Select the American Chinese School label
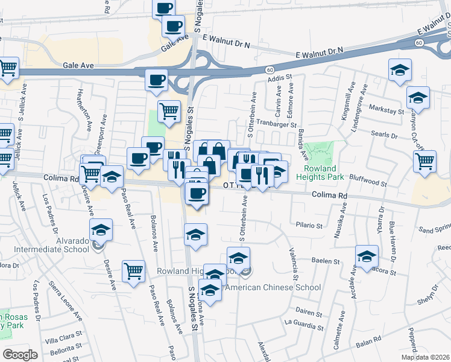(x=273, y=287)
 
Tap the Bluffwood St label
(x=370, y=181)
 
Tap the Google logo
(x=20, y=354)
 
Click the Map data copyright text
(x=426, y=357)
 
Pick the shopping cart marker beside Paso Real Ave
(x=133, y=270)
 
